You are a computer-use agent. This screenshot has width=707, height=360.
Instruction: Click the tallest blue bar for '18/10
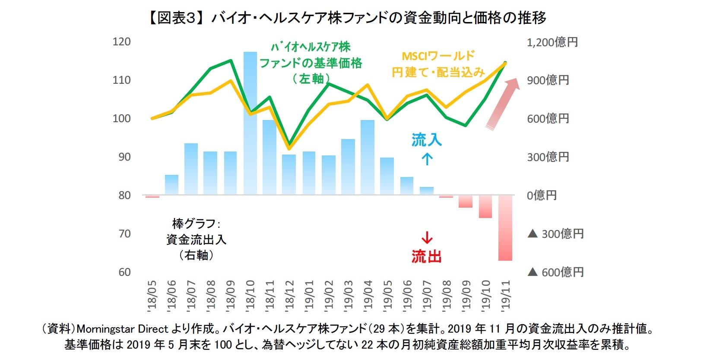click(x=250, y=123)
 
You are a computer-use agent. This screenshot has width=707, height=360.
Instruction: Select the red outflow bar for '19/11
click(x=505, y=228)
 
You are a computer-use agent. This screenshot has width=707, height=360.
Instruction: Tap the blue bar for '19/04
click(x=368, y=157)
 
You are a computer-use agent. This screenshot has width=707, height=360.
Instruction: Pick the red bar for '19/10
click(x=485, y=206)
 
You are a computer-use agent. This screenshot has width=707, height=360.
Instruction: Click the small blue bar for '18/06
click(x=171, y=185)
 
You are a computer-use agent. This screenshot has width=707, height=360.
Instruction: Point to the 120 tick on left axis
click(x=121, y=42)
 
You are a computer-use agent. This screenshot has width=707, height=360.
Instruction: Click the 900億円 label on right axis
click(x=548, y=80)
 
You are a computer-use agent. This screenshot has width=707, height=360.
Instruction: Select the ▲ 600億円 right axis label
click(x=555, y=272)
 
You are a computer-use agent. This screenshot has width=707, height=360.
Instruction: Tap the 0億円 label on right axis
click(x=542, y=195)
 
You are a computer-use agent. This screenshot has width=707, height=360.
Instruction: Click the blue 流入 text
click(x=426, y=140)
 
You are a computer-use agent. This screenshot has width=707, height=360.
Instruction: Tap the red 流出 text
click(x=426, y=256)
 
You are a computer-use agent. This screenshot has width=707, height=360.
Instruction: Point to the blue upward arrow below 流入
click(x=427, y=159)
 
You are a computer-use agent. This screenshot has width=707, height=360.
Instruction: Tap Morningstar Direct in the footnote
click(x=122, y=329)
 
